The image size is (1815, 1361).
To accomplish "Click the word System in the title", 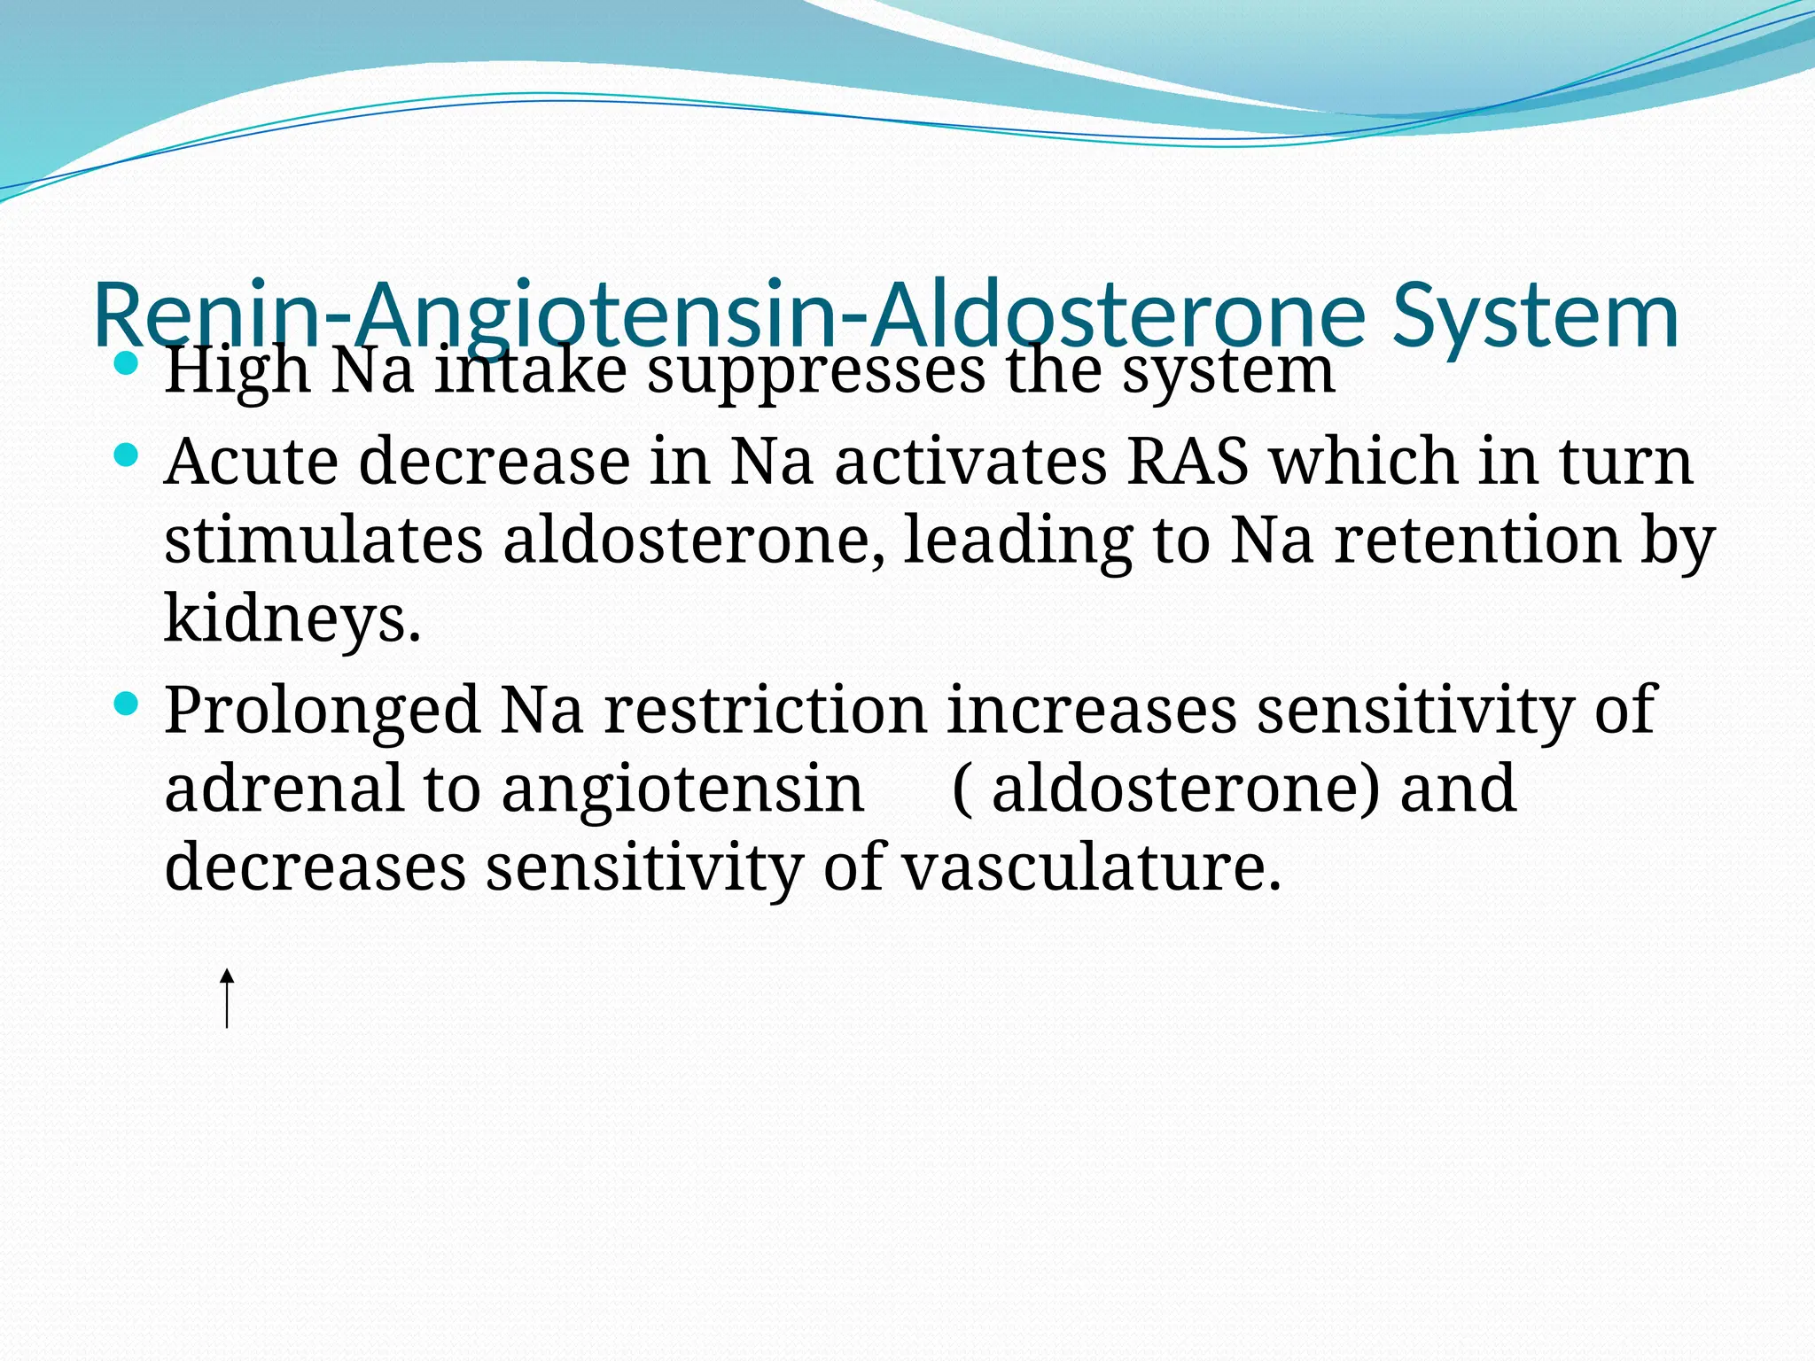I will (x=1535, y=316).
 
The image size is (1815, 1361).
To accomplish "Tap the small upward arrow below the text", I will (x=227, y=999).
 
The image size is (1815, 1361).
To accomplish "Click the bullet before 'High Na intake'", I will (x=128, y=363).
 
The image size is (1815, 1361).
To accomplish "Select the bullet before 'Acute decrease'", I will (x=128, y=455).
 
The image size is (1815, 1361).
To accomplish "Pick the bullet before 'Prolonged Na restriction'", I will (x=128, y=704).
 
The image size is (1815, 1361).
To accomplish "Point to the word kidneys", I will (x=292, y=618).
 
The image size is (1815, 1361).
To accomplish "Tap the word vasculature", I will (x=1091, y=866).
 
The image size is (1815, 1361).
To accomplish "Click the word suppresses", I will (x=815, y=370).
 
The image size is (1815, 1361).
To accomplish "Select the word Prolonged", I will (x=321, y=711).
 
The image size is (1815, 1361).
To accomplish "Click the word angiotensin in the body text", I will (x=682, y=789).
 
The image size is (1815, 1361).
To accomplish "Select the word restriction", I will (x=765, y=711).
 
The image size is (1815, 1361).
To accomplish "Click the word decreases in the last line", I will (x=315, y=866).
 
